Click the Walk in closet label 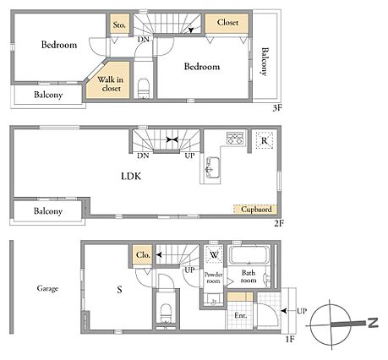(111, 84)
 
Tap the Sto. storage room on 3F (119, 24)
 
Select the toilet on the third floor (144, 89)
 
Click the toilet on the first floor (166, 314)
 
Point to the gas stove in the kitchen (235, 138)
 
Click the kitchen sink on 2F (213, 167)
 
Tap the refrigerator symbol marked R (265, 140)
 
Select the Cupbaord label (256, 210)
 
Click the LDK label (131, 177)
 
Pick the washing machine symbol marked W (214, 254)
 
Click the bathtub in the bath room (249, 255)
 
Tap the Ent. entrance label (240, 315)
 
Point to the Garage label (47, 288)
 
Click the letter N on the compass (373, 323)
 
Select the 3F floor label (277, 108)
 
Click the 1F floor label (290, 339)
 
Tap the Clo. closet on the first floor (143, 255)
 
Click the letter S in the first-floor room (119, 290)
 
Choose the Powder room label (213, 277)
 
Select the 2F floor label (279, 224)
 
